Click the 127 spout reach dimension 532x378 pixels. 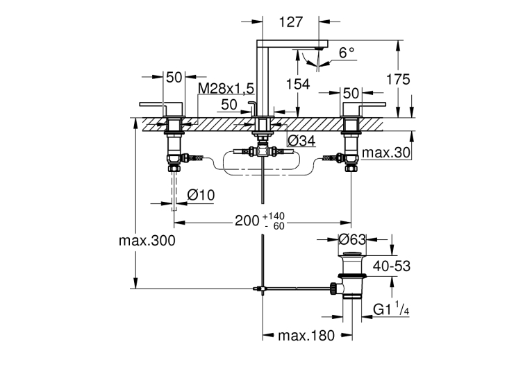tap(291, 22)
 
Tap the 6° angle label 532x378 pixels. tap(347, 53)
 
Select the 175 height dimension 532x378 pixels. tap(399, 79)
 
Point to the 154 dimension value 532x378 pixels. tap(298, 84)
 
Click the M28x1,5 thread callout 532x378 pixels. tap(226, 88)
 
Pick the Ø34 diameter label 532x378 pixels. tap(301, 141)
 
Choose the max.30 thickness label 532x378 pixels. tap(386, 153)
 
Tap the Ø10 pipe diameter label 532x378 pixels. tap(201, 195)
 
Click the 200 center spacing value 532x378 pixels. tap(247, 221)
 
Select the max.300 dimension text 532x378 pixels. tap(147, 241)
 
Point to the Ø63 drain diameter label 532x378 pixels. tap(352, 240)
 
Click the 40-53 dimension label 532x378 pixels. tap(392, 266)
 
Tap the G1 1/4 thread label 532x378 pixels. tap(391, 309)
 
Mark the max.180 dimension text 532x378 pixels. tap(306, 336)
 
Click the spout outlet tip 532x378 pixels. tap(318, 49)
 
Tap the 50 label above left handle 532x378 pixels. tap(174, 78)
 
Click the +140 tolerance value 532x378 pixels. tap(273, 216)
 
